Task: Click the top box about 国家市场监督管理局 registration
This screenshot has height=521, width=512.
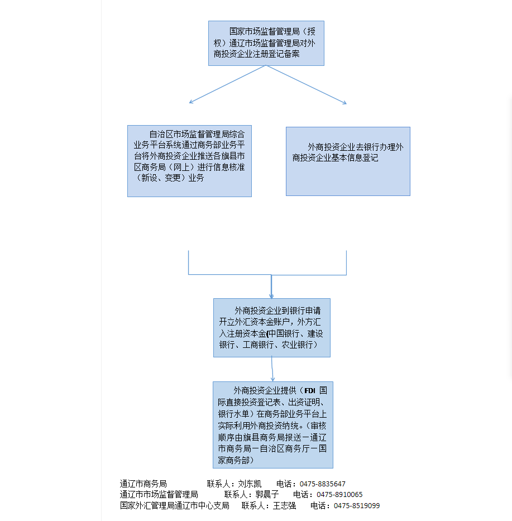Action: coord(266,43)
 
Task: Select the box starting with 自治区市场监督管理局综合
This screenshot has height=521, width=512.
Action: coord(189,161)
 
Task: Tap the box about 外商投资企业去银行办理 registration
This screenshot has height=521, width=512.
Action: coord(348,161)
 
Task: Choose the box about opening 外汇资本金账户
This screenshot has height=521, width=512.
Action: coord(271,327)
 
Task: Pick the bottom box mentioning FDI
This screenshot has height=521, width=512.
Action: coord(272,424)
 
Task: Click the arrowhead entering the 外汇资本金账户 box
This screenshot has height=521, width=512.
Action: coord(271,295)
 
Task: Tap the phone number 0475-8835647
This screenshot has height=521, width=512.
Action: coord(322,484)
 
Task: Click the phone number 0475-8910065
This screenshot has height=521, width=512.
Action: coord(339,495)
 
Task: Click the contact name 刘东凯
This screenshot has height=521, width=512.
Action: coord(250,484)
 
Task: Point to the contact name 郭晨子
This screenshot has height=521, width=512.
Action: coord(267,495)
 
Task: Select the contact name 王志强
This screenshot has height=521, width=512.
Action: coord(284,506)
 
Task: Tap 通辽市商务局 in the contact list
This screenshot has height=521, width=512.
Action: coord(143,484)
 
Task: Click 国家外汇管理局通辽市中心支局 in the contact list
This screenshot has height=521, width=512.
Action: coord(174,506)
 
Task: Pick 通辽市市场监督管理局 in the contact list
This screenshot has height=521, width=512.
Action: coord(159,495)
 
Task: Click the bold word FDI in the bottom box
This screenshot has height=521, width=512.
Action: coord(310,390)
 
